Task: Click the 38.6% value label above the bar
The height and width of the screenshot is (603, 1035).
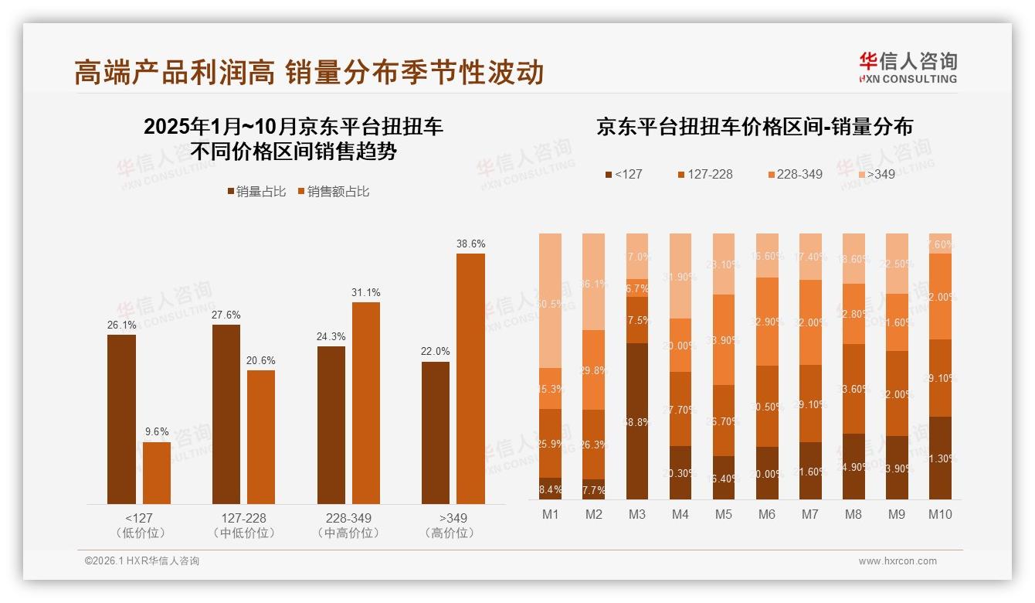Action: click(x=470, y=244)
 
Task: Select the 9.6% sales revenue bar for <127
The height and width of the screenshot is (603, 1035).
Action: click(x=157, y=472)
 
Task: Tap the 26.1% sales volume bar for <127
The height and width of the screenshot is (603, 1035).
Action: click(x=121, y=419)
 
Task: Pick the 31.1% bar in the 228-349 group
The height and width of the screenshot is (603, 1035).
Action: click(x=366, y=403)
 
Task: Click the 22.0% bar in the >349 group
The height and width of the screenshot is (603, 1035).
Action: click(x=436, y=433)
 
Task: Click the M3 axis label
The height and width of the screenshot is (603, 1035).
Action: click(x=636, y=514)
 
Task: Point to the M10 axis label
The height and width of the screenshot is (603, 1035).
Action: click(x=940, y=514)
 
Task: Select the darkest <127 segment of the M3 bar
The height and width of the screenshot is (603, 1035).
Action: click(x=636, y=421)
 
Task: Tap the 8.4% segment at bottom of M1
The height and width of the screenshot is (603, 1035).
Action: click(x=551, y=489)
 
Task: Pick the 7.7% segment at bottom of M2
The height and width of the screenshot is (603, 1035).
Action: click(x=593, y=489)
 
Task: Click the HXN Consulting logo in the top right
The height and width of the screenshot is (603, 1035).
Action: click(x=908, y=68)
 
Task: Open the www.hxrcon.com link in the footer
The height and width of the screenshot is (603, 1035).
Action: click(x=898, y=561)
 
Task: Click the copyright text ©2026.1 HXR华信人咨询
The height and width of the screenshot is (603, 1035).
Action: click(x=141, y=561)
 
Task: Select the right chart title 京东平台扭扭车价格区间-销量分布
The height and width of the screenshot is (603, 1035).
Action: click(x=754, y=127)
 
